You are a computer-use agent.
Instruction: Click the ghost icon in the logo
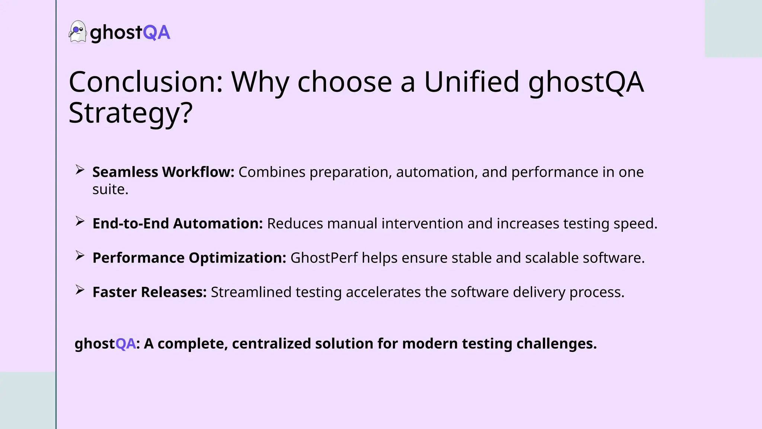[x=77, y=32]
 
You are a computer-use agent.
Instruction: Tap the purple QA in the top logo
[x=156, y=33]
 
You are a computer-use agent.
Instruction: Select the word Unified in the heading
[x=471, y=82]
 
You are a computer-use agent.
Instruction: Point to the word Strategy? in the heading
[x=131, y=113]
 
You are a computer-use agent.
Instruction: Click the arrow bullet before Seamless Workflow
[x=80, y=170]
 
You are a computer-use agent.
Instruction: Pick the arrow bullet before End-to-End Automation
[x=80, y=221]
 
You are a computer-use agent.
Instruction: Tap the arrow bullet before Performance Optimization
[x=80, y=255]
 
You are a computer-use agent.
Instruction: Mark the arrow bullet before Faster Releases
[x=80, y=290]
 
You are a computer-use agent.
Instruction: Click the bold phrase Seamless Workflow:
[x=163, y=172]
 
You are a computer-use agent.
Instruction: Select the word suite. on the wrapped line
[x=110, y=190]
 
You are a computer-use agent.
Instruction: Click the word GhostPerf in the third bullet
[x=324, y=258]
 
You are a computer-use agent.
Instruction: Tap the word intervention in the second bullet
[x=422, y=223]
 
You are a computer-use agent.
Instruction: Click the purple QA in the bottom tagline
[x=125, y=343]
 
